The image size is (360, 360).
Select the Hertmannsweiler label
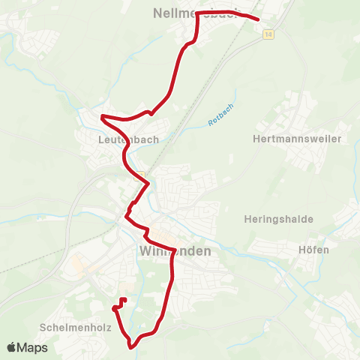click(x=298, y=139)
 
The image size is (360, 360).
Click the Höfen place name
click(x=314, y=250)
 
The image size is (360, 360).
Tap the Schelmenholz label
click(x=76, y=328)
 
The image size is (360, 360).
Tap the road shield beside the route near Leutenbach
click(x=139, y=176)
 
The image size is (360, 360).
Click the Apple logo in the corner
click(x=12, y=347)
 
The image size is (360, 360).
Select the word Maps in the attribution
click(x=34, y=347)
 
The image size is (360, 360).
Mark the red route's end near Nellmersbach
click(x=258, y=20)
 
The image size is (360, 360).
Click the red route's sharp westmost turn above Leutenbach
click(x=102, y=116)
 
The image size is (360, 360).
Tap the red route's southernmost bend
click(x=132, y=347)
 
